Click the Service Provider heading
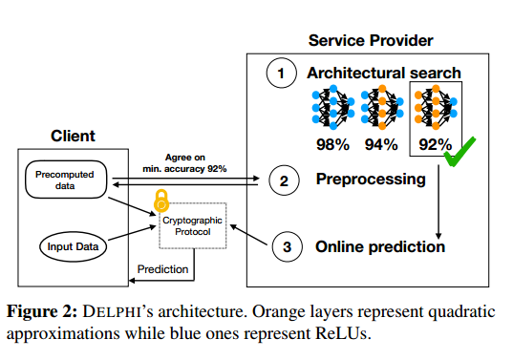click(x=371, y=40)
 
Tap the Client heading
click(x=73, y=136)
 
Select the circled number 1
click(x=282, y=73)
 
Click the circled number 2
click(x=284, y=180)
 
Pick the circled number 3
click(x=287, y=246)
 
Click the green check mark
click(x=460, y=151)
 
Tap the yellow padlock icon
click(x=161, y=201)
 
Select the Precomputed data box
click(x=66, y=180)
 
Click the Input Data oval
click(x=73, y=246)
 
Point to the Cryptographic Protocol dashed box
click(x=193, y=225)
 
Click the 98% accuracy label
click(x=332, y=144)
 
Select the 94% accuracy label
click(x=381, y=144)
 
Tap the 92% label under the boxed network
click(x=436, y=144)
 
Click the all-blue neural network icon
click(x=333, y=107)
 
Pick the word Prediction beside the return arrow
click(x=162, y=269)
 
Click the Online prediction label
click(x=380, y=246)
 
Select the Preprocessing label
click(x=371, y=180)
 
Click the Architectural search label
click(x=384, y=73)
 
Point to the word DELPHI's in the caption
click(x=118, y=311)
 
